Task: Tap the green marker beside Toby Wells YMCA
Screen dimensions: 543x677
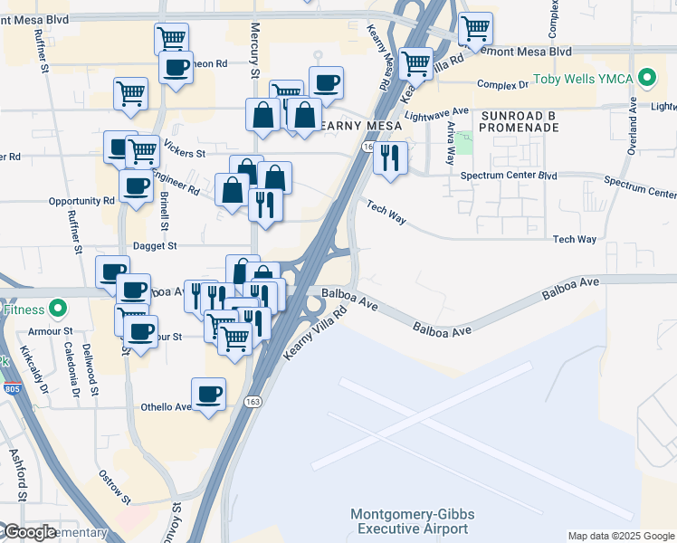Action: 646,79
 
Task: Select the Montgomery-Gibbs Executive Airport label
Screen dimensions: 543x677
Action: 413,521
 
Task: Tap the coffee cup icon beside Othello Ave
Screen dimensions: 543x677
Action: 209,394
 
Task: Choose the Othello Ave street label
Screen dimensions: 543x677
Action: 166,407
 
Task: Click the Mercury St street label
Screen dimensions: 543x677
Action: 255,52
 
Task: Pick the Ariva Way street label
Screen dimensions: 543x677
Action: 450,144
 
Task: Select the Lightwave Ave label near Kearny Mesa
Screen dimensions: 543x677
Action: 437,113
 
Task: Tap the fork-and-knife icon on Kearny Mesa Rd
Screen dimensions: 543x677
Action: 390,157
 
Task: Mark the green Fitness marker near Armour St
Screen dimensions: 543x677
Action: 58,309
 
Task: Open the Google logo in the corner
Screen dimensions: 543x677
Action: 29,532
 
